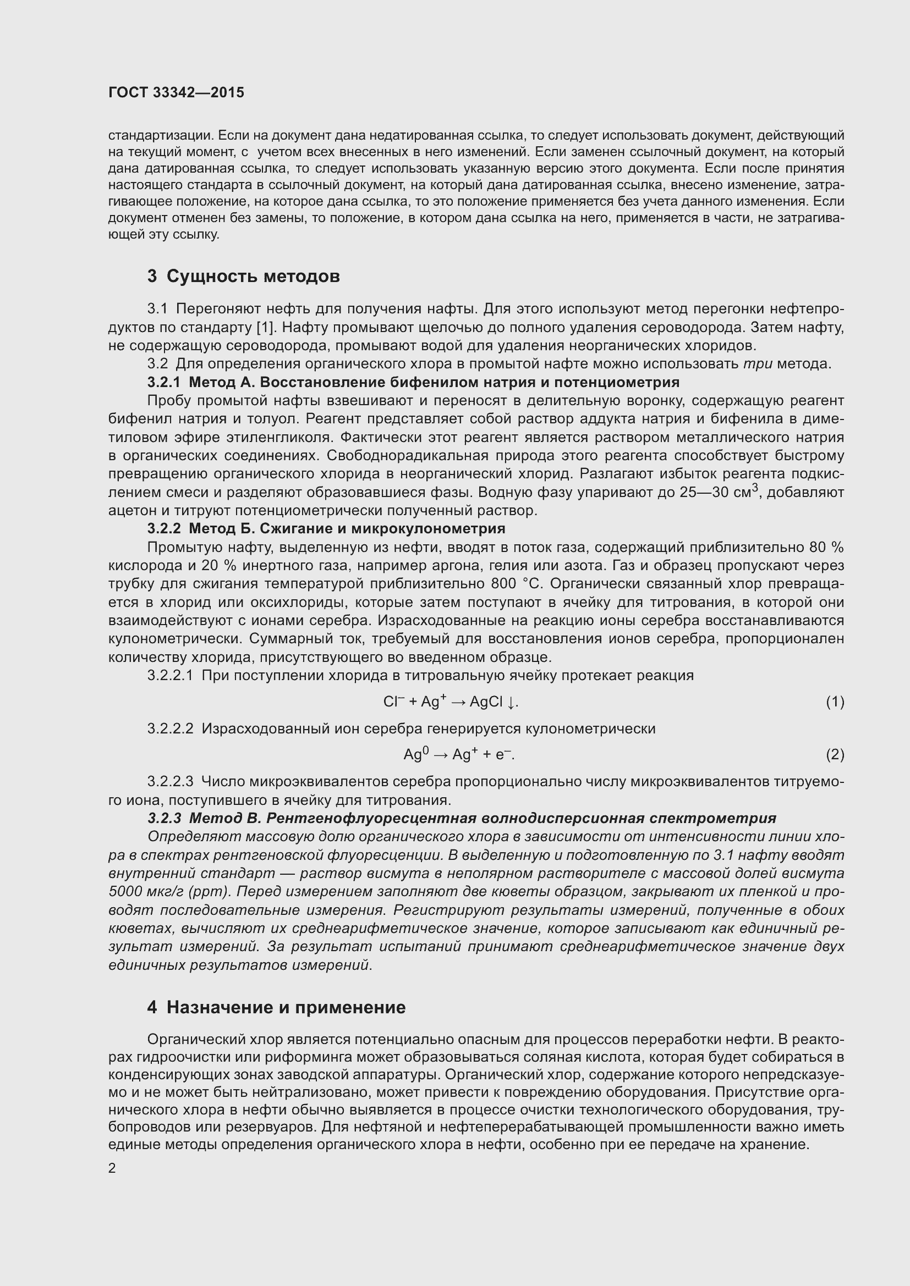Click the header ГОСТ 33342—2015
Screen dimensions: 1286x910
tap(176, 92)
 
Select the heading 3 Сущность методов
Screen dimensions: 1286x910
tap(243, 276)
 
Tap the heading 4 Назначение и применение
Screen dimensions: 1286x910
tap(276, 1007)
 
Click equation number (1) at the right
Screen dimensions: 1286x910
tap(835, 702)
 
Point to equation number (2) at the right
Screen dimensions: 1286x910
tap(835, 755)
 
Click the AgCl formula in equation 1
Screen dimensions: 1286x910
tap(486, 702)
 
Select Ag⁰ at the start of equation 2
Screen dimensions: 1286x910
tap(416, 755)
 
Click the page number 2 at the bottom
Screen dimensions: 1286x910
tap(112, 1168)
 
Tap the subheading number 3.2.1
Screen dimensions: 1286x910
tap(163, 383)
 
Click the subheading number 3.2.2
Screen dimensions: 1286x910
tap(163, 529)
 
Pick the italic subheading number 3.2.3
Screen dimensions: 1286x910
tap(164, 818)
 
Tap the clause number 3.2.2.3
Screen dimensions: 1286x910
tap(170, 781)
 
